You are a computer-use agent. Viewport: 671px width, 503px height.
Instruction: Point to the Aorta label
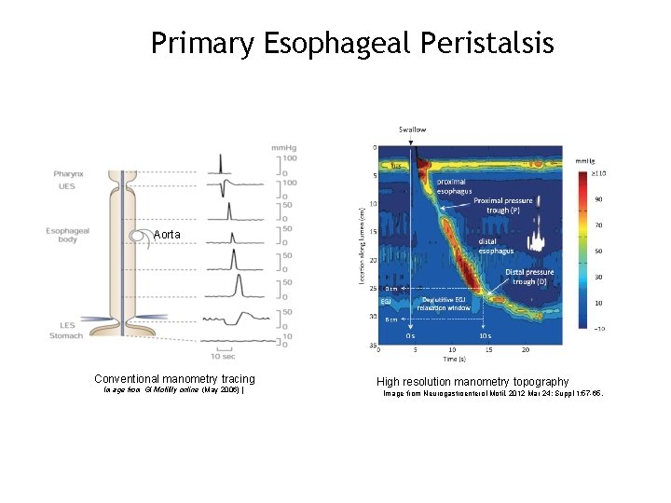click(x=169, y=235)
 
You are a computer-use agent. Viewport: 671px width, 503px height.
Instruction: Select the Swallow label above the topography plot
click(x=413, y=129)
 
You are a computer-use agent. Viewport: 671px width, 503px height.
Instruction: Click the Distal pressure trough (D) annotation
click(x=529, y=277)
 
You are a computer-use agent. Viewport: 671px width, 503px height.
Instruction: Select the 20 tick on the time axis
click(x=527, y=350)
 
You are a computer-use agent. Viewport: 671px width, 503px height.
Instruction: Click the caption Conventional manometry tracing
click(x=174, y=379)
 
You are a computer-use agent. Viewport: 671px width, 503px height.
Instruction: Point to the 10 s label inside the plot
click(x=486, y=335)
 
